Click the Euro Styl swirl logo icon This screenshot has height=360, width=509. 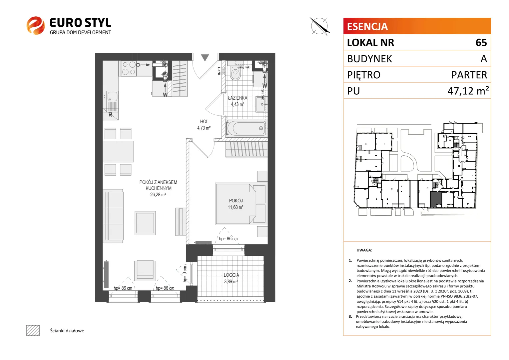tap(36, 25)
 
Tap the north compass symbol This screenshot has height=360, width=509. tap(319, 26)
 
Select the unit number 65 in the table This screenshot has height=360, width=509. tap(481, 43)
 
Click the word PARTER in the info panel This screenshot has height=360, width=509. tap(469, 75)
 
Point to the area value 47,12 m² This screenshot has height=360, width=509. tap(468, 91)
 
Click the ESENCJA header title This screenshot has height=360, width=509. tap(367, 26)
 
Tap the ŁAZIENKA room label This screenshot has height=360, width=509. tap(238, 98)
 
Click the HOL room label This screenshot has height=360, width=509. tap(204, 121)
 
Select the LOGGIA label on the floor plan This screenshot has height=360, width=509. tap(231, 275)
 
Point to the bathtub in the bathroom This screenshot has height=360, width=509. tap(246, 128)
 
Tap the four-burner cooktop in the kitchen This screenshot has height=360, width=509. tap(129, 68)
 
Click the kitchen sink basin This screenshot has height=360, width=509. tap(112, 96)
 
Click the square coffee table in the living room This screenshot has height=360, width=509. tap(145, 223)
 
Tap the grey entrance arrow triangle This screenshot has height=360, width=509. tap(205, 58)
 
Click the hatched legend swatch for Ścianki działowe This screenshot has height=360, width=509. tap(33, 330)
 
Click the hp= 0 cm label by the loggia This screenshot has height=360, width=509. tap(185, 274)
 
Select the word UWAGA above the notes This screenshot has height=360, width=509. tap(364, 250)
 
